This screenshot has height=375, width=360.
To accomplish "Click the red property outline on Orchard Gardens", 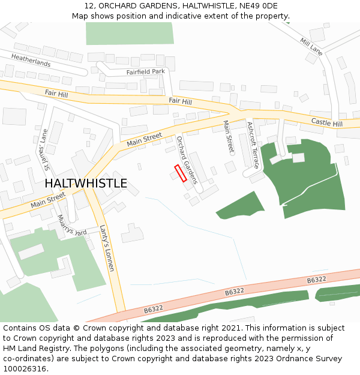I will [x=181, y=173].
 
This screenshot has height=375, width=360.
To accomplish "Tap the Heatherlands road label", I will [x=31, y=59].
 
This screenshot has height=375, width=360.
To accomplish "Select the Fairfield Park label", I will [x=145, y=72].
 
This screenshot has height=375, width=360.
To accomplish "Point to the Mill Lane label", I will [x=311, y=46].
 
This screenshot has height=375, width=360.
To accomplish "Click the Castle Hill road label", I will [x=326, y=123].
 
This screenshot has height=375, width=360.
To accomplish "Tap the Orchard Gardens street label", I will [x=187, y=159].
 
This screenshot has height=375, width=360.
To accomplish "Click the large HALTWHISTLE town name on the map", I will [x=86, y=184].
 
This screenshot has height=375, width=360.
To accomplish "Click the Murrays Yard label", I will [x=72, y=226].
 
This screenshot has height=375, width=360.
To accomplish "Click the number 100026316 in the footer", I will [x=23, y=368].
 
